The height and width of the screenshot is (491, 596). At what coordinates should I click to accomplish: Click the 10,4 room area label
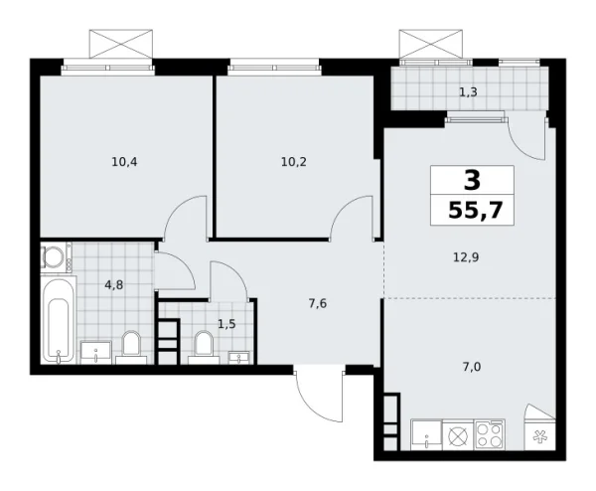[x=125, y=156]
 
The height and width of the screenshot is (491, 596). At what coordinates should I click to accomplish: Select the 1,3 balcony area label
[x=467, y=92]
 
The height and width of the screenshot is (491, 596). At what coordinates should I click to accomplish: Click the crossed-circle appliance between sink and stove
[x=459, y=434]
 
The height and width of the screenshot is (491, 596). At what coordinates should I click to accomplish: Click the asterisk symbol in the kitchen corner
[x=541, y=435]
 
